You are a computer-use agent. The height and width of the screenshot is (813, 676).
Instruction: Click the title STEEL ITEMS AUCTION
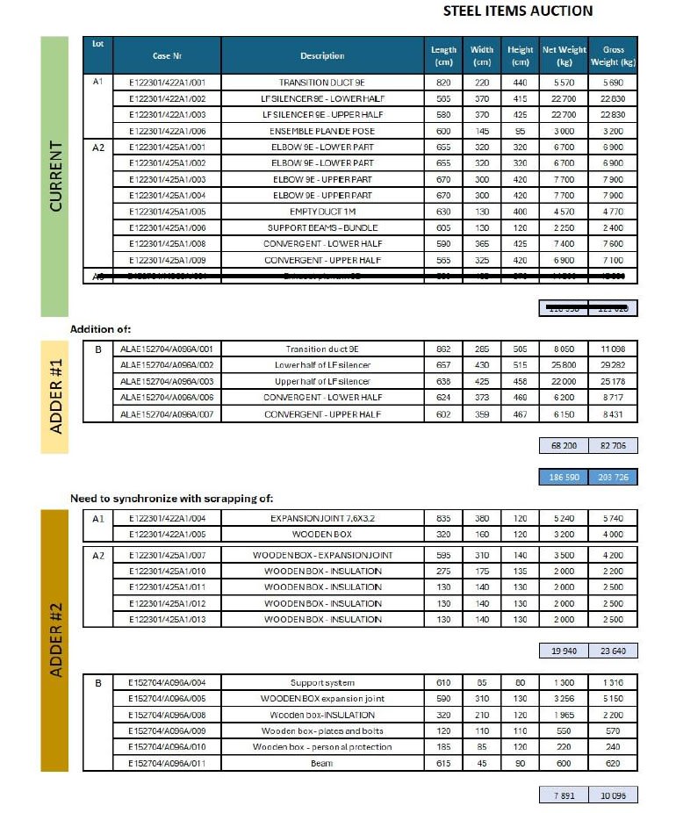[x=518, y=11]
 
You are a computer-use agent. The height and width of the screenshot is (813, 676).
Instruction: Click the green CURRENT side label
[x=54, y=176]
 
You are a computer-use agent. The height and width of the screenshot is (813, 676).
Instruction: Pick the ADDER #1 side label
[x=54, y=397]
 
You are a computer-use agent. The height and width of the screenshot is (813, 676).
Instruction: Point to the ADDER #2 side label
[x=54, y=641]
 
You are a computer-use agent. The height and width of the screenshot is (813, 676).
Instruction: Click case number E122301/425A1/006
[x=167, y=227]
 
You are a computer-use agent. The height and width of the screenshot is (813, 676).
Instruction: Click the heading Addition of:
[x=101, y=328]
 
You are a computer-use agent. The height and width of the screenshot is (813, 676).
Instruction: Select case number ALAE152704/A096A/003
[x=167, y=381]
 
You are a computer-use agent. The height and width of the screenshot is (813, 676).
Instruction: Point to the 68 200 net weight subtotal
[x=563, y=446]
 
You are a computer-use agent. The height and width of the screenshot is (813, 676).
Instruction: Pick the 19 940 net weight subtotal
[x=563, y=651]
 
